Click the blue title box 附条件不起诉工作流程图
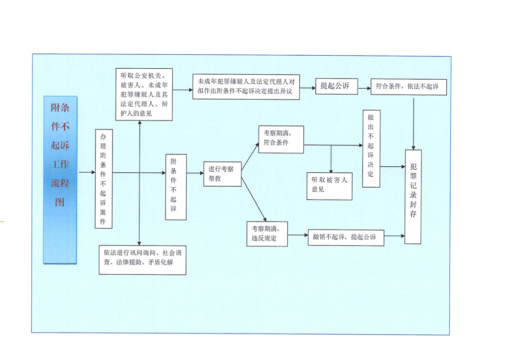(x=60, y=179)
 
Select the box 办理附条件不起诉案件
(x=104, y=179)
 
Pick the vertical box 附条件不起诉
(x=176, y=187)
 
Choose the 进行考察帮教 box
(x=222, y=174)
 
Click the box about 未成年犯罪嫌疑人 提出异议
(x=246, y=86)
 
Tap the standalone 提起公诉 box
(x=335, y=86)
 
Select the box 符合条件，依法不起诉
(x=408, y=87)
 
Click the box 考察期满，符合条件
(x=281, y=139)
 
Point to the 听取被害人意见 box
(x=329, y=185)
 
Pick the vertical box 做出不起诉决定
(x=371, y=148)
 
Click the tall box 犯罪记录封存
(x=413, y=196)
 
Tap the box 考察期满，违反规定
(x=267, y=234)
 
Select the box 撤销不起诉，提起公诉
(x=345, y=237)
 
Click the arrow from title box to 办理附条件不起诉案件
(x=87, y=172)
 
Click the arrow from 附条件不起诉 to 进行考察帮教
(x=195, y=173)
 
